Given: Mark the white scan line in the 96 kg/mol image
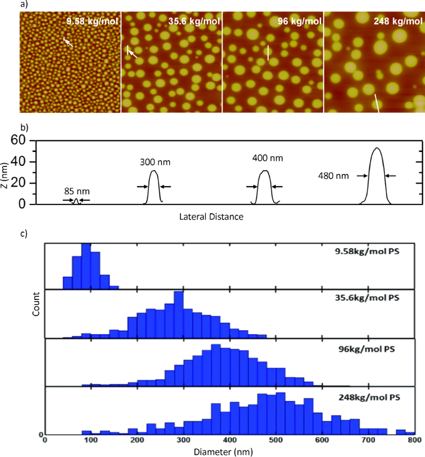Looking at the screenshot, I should click(x=268, y=52).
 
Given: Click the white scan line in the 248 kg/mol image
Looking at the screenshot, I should click(x=376, y=103).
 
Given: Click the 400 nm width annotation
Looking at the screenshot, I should click(x=264, y=156).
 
